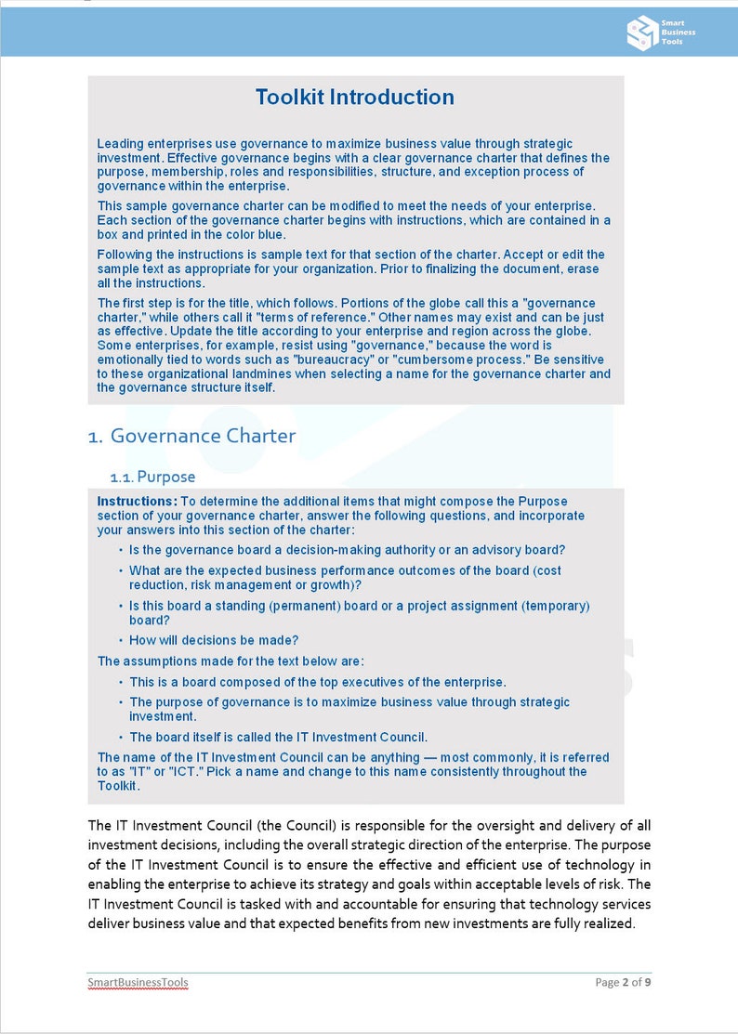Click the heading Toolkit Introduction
[355, 98]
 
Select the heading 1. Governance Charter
[191, 436]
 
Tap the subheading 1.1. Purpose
[152, 477]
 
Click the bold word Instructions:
[137, 502]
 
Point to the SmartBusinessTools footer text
[138, 982]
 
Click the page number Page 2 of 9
[622, 982]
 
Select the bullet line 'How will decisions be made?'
[214, 640]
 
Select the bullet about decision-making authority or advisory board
[347, 550]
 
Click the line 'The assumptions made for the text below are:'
[231, 661]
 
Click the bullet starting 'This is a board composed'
[317, 682]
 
